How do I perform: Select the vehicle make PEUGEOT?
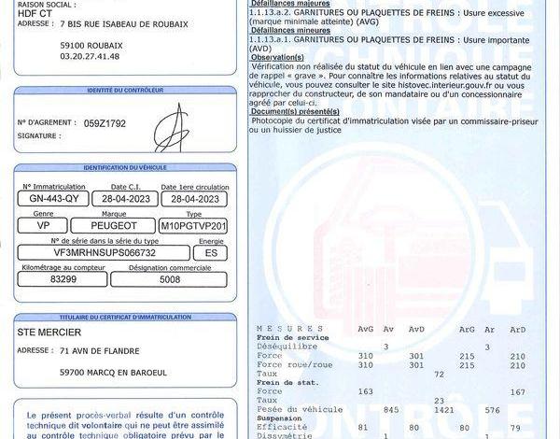116,226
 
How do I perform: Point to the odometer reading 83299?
63,279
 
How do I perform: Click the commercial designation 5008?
169,279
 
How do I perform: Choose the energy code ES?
212,252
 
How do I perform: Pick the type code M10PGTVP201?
193,226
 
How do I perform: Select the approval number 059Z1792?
105,123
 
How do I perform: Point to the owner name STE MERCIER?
49,332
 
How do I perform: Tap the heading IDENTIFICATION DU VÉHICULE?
124,167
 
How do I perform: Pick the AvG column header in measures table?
366,330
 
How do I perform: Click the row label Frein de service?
288,338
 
